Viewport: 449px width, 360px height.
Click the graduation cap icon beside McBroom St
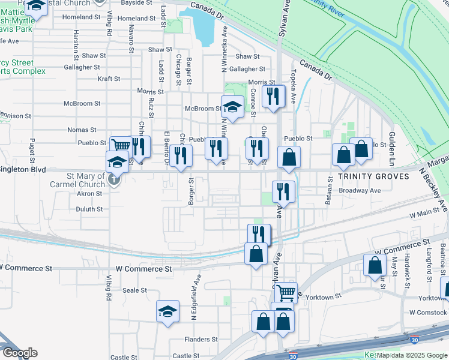(232, 107)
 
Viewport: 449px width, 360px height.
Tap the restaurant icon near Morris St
(273, 96)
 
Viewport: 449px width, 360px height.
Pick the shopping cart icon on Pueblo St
(121, 145)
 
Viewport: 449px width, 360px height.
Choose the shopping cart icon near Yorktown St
(286, 292)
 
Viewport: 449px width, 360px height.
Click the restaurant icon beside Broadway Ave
(283, 191)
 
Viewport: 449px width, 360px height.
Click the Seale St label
(134, 290)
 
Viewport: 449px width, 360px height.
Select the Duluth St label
(89, 209)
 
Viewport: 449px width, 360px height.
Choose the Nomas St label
(82, 130)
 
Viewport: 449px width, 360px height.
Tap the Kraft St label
(109, 79)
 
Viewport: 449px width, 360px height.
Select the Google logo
(20, 353)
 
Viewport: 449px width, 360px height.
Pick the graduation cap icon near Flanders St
(168, 311)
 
